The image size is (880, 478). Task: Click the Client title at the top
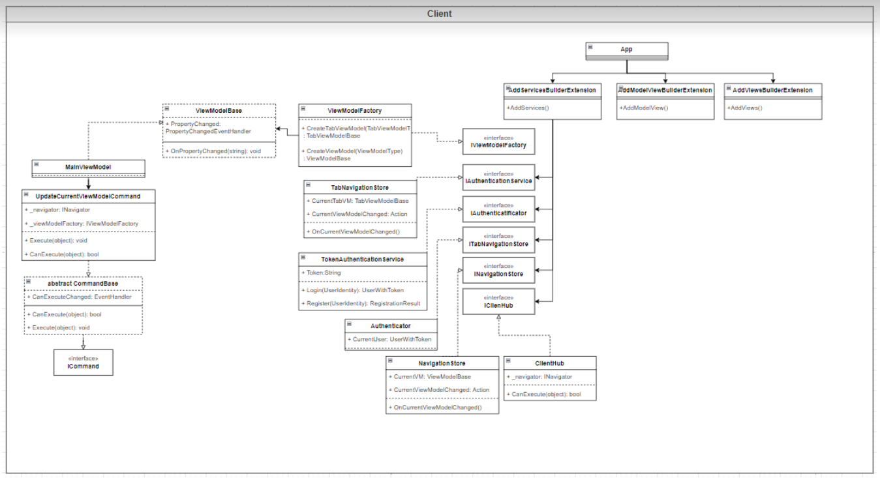pyautogui.click(x=439, y=14)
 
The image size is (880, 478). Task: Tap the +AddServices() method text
pyautogui.click(x=528, y=108)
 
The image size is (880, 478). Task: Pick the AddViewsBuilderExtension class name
pyautogui.click(x=772, y=90)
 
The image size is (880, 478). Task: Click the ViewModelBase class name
pyautogui.click(x=219, y=111)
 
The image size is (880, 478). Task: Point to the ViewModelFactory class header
pyautogui.click(x=354, y=111)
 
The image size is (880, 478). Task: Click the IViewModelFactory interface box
pyautogui.click(x=498, y=142)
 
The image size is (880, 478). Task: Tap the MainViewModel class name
pyautogui.click(x=88, y=167)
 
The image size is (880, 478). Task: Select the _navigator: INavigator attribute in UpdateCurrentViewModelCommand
pyautogui.click(x=58, y=210)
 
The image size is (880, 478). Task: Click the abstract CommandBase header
pyautogui.click(x=83, y=284)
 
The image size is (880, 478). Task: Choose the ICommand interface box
pyautogui.click(x=83, y=363)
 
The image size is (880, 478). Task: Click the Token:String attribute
pyautogui.click(x=324, y=273)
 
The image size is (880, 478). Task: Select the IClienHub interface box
pyautogui.click(x=498, y=301)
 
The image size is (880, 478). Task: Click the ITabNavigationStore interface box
pyautogui.click(x=498, y=240)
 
